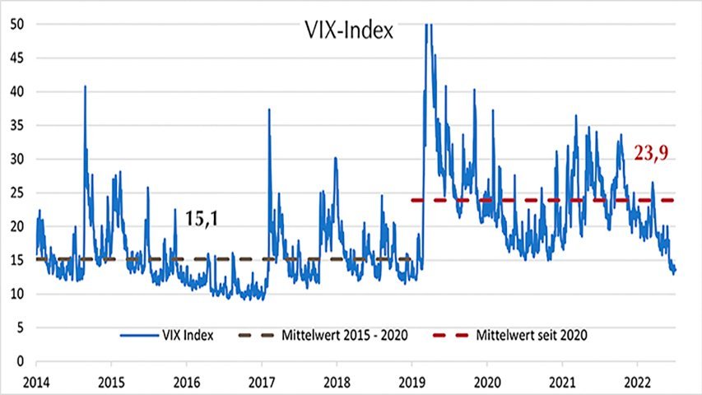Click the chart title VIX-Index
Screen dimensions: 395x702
pos(346,33)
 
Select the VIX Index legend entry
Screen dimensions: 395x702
pos(169,335)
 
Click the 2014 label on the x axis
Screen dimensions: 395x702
pos(35,383)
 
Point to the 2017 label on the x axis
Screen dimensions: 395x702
pos(262,383)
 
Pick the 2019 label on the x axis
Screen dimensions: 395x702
pos(411,383)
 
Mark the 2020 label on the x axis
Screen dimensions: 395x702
pos(487,383)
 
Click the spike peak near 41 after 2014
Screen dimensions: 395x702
pos(85,86)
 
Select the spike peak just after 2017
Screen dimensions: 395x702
pos(269,109)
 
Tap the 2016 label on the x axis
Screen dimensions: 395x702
pos(186,383)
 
